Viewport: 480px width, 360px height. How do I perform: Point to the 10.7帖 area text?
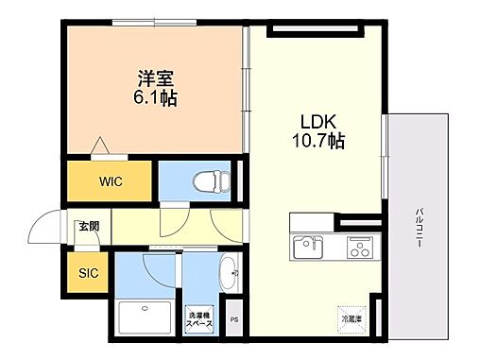coord(317,143)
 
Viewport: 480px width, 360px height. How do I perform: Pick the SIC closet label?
coord(88,273)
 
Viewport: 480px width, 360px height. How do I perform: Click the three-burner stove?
coord(358,249)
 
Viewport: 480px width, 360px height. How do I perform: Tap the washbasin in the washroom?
coord(229,277)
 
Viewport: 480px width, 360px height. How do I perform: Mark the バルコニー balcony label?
coord(418,227)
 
